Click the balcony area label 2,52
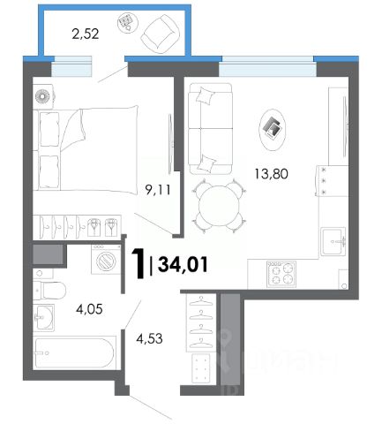(86, 34)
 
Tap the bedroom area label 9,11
(158, 190)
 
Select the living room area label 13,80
(271, 174)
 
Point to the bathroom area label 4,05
(89, 309)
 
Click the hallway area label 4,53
(149, 338)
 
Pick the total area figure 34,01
(183, 264)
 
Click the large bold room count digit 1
(139, 263)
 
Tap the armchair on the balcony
(160, 34)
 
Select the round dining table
(219, 206)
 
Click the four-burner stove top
(281, 274)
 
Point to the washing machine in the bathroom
(106, 259)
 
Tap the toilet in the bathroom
(49, 290)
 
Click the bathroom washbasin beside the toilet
(43, 316)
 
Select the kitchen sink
(333, 241)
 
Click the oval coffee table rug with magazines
(273, 130)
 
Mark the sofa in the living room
(211, 129)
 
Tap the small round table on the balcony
(128, 22)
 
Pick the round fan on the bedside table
(42, 96)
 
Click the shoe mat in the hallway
(201, 368)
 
